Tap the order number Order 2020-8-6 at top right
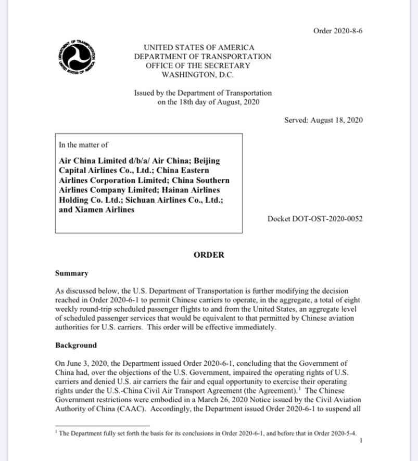tap(338, 31)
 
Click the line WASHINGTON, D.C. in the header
tap(202, 75)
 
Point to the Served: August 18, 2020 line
tap(323, 120)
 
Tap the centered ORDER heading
tap(209, 255)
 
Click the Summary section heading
tap(71, 273)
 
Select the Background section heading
tap(75, 345)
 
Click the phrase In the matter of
tap(83, 145)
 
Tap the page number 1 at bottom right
tap(361, 441)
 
